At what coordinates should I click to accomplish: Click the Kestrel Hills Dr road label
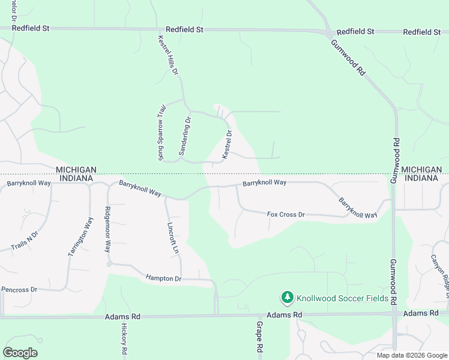(x=168, y=54)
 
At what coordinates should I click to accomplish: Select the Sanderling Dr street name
(x=185, y=135)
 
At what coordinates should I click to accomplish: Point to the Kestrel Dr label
(x=227, y=145)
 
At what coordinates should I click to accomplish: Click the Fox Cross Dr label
(x=286, y=214)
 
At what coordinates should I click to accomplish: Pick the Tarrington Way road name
(x=80, y=238)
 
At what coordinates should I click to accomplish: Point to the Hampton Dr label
(x=163, y=278)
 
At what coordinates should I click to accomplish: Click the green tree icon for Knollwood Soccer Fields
(x=288, y=297)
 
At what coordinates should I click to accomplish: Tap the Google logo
(x=20, y=353)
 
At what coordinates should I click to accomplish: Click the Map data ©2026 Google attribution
(x=411, y=355)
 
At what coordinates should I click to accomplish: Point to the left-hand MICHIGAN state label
(x=74, y=170)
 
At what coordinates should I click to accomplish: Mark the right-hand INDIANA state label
(x=422, y=178)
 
